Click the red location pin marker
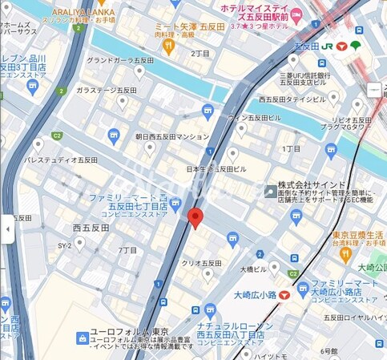[195, 218]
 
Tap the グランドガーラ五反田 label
[120, 60]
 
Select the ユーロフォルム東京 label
[128, 333]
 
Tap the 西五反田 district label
[91, 228]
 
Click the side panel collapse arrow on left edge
[7, 229]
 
